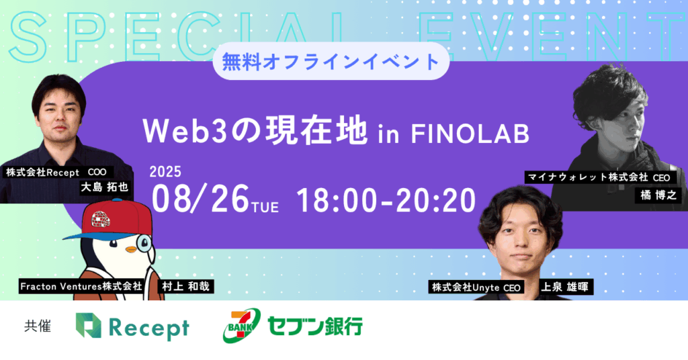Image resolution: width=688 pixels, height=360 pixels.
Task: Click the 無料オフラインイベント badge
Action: tap(331, 61)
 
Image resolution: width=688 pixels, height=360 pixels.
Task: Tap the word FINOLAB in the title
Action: tap(470, 134)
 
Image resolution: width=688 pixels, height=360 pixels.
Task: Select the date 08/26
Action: tap(200, 199)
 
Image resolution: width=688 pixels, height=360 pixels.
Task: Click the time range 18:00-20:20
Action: tap(386, 200)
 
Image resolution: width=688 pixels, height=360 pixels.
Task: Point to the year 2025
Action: tap(165, 171)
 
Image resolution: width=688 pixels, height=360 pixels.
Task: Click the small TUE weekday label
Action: tap(265, 206)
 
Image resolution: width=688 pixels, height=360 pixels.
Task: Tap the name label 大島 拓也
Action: tap(104, 187)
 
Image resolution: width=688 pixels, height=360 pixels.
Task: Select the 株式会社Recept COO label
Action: tap(56, 173)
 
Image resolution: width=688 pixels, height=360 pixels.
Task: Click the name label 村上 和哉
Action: tap(185, 286)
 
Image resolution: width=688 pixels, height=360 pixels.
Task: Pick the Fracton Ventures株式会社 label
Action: tap(81, 286)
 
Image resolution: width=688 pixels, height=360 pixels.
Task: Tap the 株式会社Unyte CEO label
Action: tap(476, 287)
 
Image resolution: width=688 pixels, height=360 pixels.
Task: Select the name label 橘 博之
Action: tap(658, 195)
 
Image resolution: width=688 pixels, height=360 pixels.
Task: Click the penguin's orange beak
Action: tap(131, 249)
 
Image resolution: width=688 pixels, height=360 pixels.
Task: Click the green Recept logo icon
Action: tap(88, 325)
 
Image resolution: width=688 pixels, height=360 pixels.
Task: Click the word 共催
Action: tap(38, 326)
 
